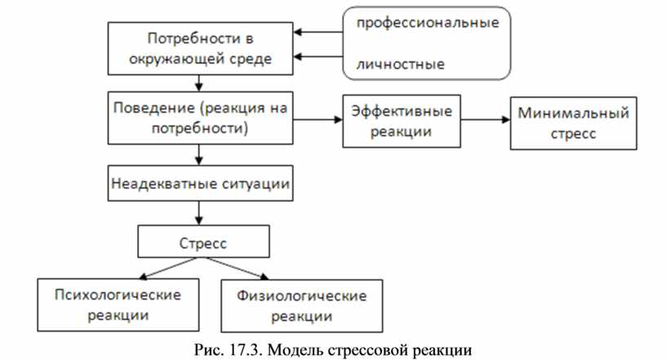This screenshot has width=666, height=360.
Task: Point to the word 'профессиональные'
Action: click(428, 23)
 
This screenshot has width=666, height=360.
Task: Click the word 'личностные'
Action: click(401, 64)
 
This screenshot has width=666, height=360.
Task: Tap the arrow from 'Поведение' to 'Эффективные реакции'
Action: click(317, 119)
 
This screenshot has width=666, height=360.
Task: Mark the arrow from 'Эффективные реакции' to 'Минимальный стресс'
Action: click(486, 119)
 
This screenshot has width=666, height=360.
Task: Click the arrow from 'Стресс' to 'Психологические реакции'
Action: click(169, 269)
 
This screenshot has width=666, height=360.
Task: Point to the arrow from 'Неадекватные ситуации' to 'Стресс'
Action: click(199, 213)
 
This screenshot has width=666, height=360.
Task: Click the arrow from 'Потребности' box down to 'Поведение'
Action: click(199, 83)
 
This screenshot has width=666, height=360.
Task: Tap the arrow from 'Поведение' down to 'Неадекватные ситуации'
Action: click(199, 155)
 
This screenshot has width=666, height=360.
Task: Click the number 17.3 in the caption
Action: click(246, 350)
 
